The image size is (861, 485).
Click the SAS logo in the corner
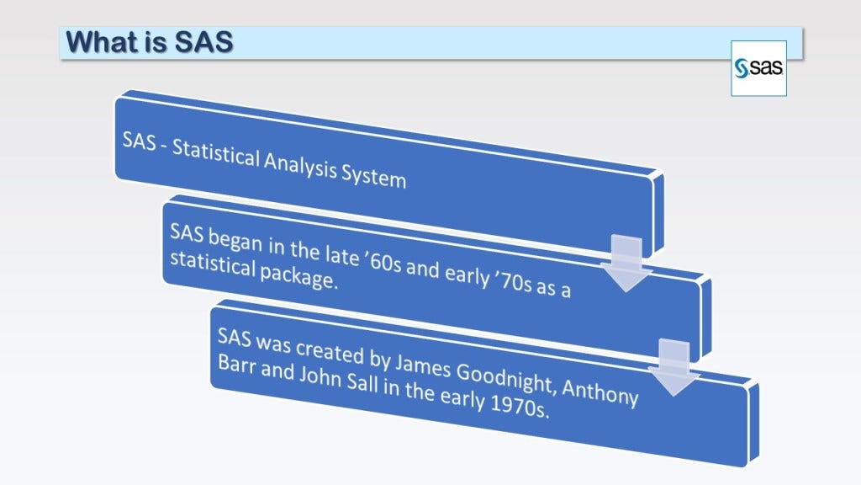click(x=758, y=68)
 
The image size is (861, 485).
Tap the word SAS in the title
click(x=203, y=42)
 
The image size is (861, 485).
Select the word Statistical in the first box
click(x=215, y=154)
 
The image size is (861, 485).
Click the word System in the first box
click(x=373, y=176)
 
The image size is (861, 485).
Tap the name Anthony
click(x=600, y=391)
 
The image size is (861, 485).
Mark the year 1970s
click(x=519, y=407)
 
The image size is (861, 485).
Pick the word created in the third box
click(x=330, y=351)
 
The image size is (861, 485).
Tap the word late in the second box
click(x=341, y=254)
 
